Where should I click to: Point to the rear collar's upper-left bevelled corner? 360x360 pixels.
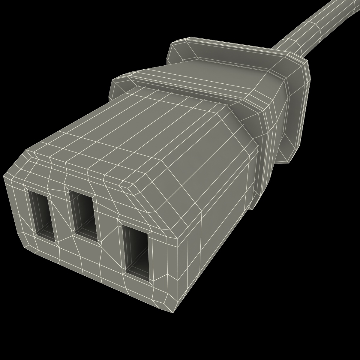pyautogui.click(x=180, y=43)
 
